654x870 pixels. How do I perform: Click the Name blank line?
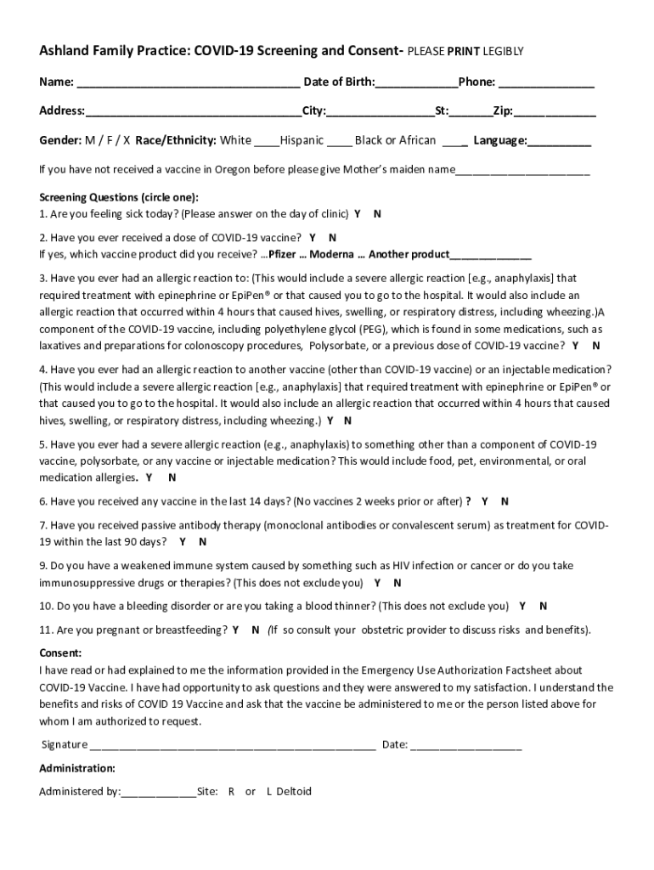click(x=188, y=84)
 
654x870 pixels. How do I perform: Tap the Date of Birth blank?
click(x=416, y=84)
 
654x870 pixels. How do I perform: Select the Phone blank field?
click(x=546, y=84)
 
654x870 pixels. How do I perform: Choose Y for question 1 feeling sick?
click(x=358, y=214)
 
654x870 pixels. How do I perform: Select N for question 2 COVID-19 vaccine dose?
click(x=333, y=238)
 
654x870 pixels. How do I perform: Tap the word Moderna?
click(x=337, y=254)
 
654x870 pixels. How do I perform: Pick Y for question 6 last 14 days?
click(x=483, y=501)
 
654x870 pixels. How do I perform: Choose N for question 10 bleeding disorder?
click(x=544, y=607)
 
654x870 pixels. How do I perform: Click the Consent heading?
click(x=60, y=653)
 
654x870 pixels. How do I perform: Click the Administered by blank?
click(x=159, y=793)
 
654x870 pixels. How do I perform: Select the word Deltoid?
click(x=294, y=792)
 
